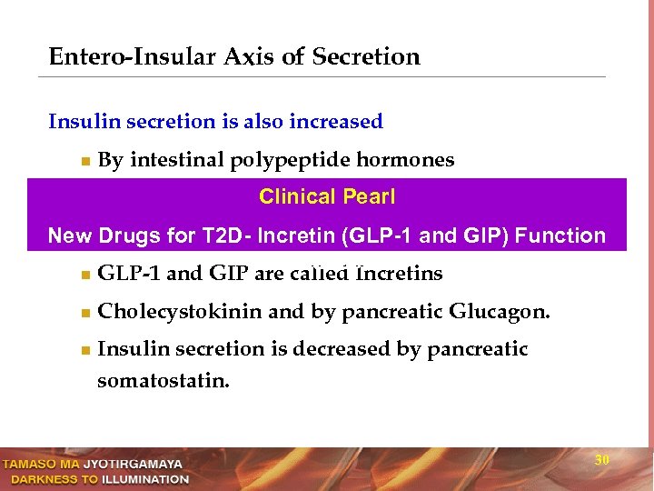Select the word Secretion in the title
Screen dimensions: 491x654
pos(366,57)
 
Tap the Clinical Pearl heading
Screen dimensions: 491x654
pos(327,196)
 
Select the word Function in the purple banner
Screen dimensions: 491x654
pos(560,235)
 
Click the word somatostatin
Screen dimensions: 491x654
pos(163,380)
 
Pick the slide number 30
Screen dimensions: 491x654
pos(601,460)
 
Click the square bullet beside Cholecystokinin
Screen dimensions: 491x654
pos(84,313)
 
